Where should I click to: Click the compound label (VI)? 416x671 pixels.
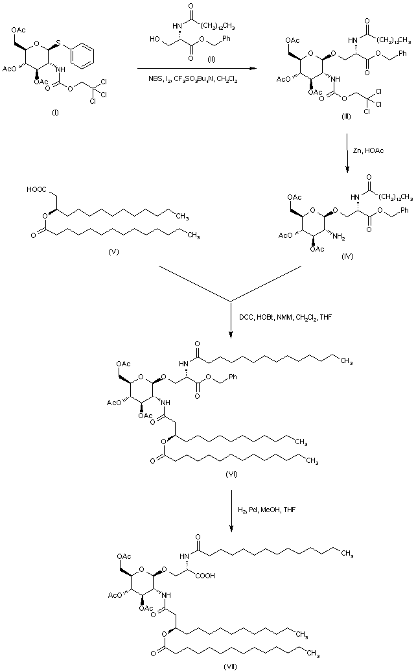(232, 475)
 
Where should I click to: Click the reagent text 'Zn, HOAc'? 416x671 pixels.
(371, 150)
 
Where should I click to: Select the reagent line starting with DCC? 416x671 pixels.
(284, 317)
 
